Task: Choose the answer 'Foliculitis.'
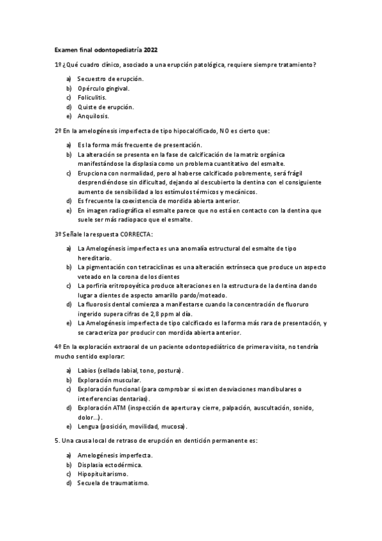coord(92,98)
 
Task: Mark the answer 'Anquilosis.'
coord(93,117)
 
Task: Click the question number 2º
coord(57,131)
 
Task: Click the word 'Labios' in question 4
coord(87,371)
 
